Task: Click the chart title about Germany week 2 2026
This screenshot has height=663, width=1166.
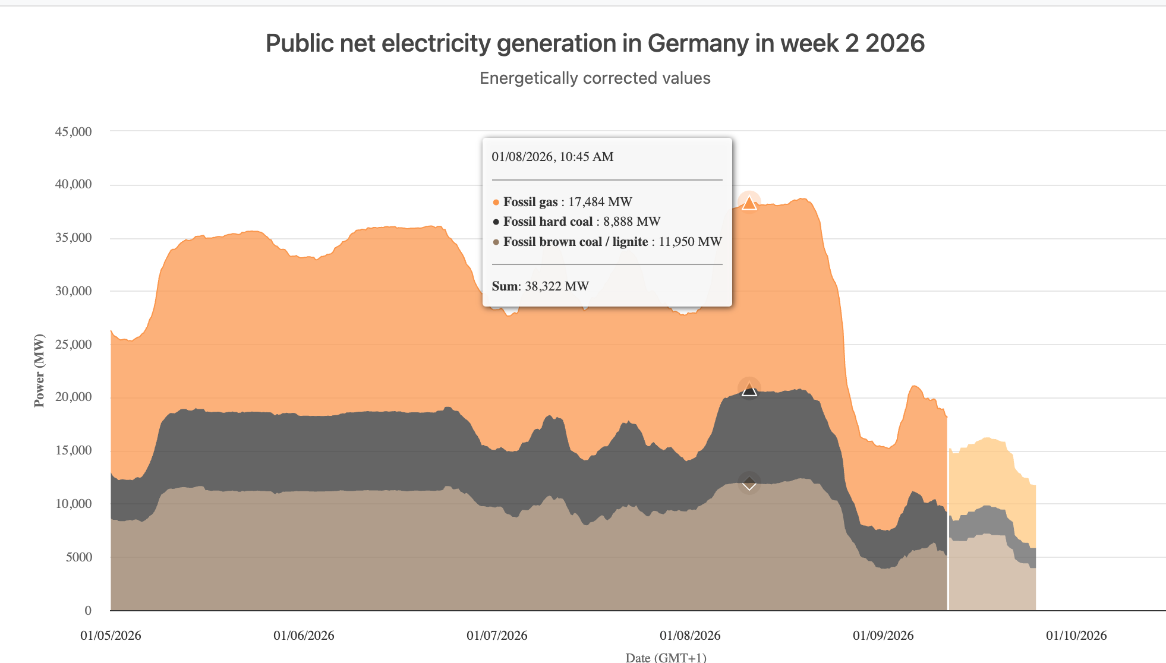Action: [595, 43]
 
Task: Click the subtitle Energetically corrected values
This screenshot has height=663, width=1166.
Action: [595, 78]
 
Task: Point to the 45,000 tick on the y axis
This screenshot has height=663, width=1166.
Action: [73, 132]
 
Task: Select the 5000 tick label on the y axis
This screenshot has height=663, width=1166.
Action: [79, 557]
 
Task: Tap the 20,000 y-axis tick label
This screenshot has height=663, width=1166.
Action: [73, 397]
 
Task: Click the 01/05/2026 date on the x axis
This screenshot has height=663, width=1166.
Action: [111, 636]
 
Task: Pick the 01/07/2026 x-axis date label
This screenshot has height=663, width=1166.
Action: [497, 636]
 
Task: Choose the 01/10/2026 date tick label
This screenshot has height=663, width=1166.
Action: [1076, 636]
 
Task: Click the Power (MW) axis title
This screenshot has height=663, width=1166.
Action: [39, 371]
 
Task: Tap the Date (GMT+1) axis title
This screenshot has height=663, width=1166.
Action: [666, 657]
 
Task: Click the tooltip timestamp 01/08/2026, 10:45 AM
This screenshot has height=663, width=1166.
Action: [552, 157]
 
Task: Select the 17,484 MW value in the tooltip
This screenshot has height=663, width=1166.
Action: [600, 202]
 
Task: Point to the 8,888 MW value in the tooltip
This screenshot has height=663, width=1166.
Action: [632, 222]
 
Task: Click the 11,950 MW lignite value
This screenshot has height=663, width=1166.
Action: [690, 242]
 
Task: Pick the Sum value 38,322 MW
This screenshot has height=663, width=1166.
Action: [557, 286]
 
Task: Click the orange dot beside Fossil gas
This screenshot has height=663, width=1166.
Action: [496, 203]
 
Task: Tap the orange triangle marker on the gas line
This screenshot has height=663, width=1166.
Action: [749, 203]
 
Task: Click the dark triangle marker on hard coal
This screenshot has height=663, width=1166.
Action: [749, 390]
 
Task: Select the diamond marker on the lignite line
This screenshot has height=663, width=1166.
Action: [749, 484]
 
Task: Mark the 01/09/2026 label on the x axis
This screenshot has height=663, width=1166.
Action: [883, 636]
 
